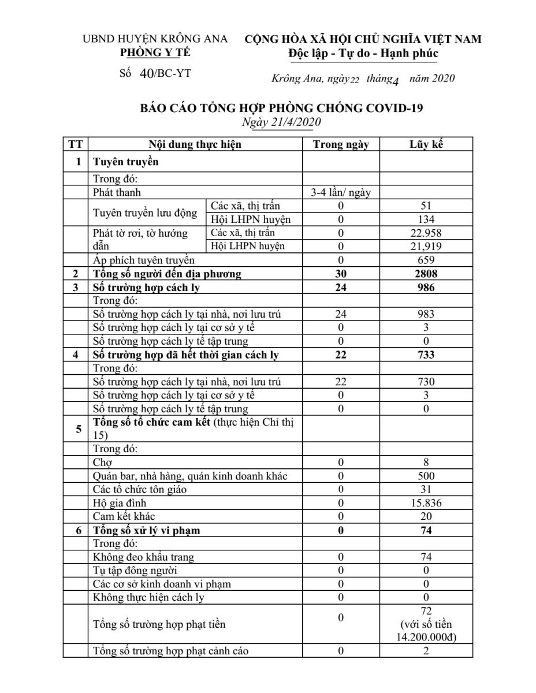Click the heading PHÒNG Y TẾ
click(x=155, y=53)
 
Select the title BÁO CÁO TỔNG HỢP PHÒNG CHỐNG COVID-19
click(x=282, y=108)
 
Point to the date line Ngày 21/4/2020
click(x=282, y=122)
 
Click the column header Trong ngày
click(x=341, y=145)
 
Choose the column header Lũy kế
click(x=426, y=145)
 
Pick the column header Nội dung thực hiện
click(x=195, y=145)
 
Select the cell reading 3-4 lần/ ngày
click(x=341, y=192)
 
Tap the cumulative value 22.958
click(x=426, y=233)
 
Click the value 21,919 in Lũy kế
click(x=426, y=246)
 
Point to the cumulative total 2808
click(x=426, y=273)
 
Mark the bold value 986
click(x=426, y=287)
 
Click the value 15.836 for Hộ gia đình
click(x=426, y=503)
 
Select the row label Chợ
click(x=102, y=463)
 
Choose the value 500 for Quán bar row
click(x=426, y=476)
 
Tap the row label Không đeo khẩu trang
click(x=144, y=557)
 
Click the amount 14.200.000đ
click(x=426, y=637)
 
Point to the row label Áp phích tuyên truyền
click(x=144, y=260)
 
